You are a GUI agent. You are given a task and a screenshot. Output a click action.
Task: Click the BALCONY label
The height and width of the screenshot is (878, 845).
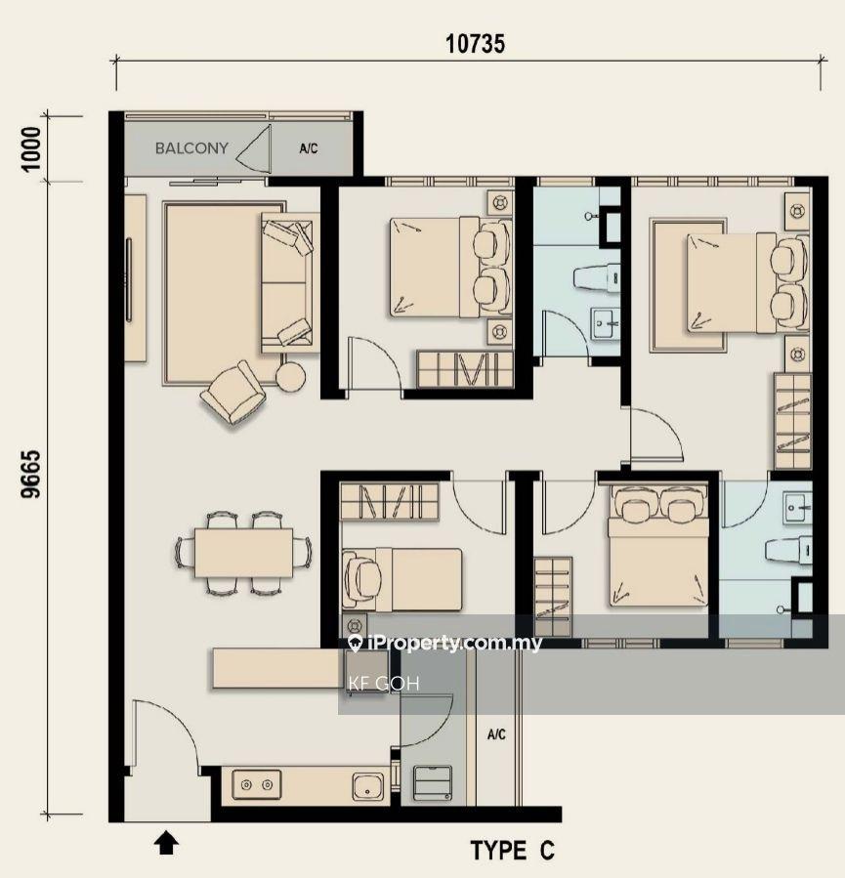(191, 148)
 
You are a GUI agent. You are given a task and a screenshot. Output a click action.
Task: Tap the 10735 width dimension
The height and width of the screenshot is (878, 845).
(475, 44)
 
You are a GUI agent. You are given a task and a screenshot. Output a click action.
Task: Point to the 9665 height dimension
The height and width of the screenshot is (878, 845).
(31, 474)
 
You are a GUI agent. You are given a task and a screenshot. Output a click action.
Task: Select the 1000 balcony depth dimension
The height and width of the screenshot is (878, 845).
(31, 149)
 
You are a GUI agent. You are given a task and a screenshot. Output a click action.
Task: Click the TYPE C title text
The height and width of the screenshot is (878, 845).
(513, 850)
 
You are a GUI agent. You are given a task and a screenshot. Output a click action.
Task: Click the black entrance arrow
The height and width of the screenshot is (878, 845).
(166, 843)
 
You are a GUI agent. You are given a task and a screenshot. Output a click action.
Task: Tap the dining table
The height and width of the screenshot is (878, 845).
(243, 553)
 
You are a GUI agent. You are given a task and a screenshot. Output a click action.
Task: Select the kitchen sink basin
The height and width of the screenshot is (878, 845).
(368, 786)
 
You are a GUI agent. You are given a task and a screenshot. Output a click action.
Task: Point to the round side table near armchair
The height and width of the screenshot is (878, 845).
(291, 377)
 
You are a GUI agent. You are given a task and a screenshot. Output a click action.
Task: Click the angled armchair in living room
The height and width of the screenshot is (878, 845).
(233, 392)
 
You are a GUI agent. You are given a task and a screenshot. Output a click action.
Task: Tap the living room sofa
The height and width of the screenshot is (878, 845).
(287, 283)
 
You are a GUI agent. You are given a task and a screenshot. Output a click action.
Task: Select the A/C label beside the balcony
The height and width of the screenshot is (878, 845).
(309, 148)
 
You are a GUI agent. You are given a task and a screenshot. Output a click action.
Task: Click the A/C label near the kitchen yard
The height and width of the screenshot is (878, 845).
(496, 734)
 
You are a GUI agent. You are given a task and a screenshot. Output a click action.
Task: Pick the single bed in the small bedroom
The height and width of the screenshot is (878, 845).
(401, 579)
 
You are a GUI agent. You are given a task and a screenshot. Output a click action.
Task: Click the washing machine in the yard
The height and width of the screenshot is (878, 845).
(433, 783)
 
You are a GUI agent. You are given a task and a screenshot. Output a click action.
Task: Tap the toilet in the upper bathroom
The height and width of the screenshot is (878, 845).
(597, 277)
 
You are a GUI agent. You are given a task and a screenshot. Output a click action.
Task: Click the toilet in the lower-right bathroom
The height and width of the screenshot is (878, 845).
(788, 550)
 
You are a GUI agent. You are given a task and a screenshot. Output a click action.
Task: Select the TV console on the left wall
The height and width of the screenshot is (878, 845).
(135, 278)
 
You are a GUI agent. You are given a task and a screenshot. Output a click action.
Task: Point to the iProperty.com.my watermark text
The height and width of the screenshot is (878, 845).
(445, 644)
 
